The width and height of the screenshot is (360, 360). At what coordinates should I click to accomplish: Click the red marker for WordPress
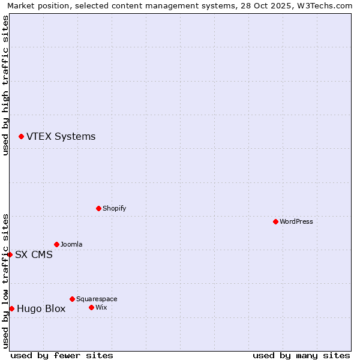click(x=275, y=221)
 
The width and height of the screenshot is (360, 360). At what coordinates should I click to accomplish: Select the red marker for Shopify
click(x=98, y=208)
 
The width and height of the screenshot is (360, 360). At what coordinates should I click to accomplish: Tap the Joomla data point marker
click(x=56, y=244)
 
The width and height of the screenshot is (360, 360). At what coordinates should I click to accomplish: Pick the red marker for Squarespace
click(x=72, y=299)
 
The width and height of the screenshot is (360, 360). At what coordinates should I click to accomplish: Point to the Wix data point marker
click(x=91, y=307)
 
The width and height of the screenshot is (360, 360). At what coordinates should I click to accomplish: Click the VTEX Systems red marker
click(x=21, y=137)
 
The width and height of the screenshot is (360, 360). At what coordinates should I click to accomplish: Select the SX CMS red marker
click(x=10, y=254)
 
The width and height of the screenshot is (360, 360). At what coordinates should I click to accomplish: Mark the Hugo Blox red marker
click(x=11, y=308)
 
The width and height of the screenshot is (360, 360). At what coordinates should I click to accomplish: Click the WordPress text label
click(x=296, y=221)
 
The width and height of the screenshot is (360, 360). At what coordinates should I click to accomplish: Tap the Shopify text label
click(x=114, y=208)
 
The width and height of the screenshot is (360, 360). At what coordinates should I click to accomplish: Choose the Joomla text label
click(x=71, y=244)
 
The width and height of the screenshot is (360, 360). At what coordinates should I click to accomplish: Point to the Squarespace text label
click(x=97, y=299)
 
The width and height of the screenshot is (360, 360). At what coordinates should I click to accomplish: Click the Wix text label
click(x=101, y=307)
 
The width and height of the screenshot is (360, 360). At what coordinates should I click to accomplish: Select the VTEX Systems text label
click(x=61, y=137)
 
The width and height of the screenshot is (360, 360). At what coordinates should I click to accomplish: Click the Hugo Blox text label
click(x=41, y=309)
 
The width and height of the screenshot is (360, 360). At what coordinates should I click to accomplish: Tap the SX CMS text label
click(x=34, y=255)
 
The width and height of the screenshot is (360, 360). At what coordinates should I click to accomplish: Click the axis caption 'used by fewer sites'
click(x=62, y=355)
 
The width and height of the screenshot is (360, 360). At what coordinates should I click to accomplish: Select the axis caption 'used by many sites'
click(x=301, y=355)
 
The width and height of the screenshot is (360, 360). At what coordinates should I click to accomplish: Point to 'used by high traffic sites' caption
click(x=6, y=85)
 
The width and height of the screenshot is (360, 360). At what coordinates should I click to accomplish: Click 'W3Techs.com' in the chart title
click(x=328, y=6)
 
